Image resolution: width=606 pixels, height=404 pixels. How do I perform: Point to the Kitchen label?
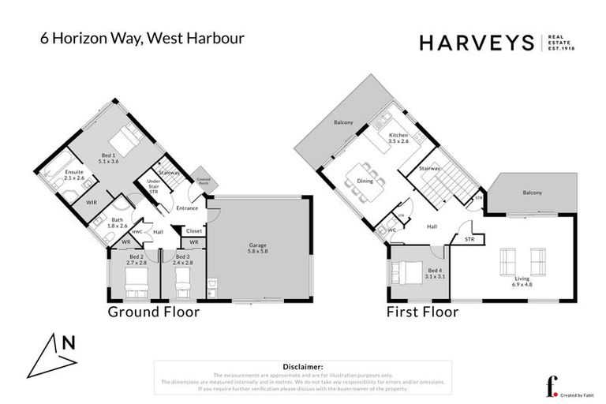point(398,139)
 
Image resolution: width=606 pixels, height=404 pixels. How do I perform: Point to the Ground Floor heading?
point(153,312)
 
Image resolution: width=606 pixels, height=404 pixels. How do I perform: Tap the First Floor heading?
point(421,312)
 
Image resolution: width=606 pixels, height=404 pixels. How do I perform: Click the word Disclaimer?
point(302,367)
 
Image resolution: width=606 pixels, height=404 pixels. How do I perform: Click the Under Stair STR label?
point(154,186)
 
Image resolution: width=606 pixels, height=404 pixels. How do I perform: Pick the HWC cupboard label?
point(137,232)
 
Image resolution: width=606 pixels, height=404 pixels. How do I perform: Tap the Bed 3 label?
point(182,260)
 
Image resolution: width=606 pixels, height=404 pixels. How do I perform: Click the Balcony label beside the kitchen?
point(342,122)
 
